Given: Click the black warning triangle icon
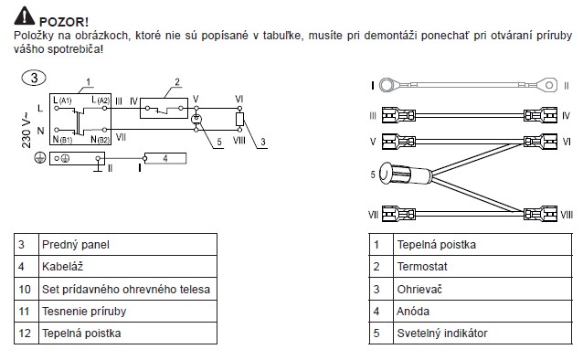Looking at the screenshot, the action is pos(24,16).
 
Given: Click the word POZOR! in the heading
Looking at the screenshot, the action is pos(64,22).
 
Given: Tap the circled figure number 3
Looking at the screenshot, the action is pos(34,78).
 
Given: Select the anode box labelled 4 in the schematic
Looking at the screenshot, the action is pos(165,158).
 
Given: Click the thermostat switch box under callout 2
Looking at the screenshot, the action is pos(164,108).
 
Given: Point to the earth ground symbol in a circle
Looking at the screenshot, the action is pos(40,158).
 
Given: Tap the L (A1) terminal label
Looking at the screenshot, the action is pos(62,100).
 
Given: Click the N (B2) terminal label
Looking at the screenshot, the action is pos(100,140).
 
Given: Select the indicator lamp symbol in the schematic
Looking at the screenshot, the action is pos(196,119).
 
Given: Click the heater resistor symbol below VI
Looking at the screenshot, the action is pos(239,119).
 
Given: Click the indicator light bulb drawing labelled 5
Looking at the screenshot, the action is pos(405,174).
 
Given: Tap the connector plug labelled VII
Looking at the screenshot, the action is pos(398,214).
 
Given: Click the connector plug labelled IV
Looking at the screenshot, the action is pos(540,116).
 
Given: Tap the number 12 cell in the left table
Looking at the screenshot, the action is pos(26,333).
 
